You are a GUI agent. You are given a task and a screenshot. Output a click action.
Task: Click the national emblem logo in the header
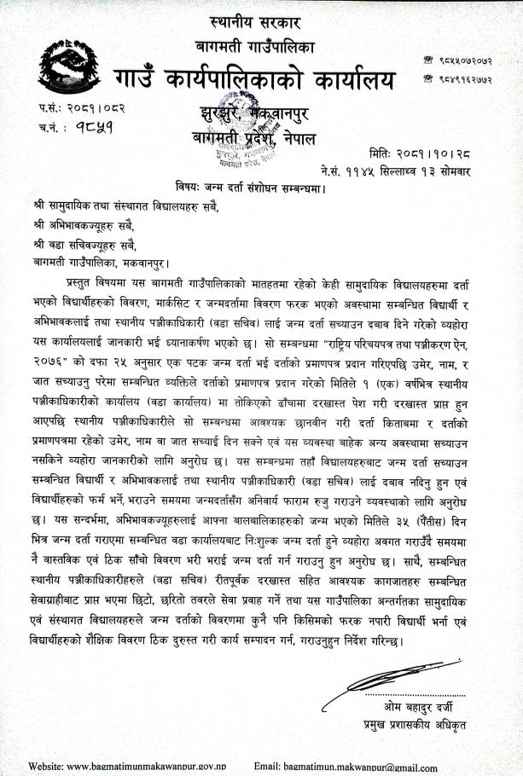[64, 67]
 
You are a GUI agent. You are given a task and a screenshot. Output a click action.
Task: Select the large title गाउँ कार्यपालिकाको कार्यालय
[257, 81]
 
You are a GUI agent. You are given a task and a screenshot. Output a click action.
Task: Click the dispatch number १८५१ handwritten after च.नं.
[93, 129]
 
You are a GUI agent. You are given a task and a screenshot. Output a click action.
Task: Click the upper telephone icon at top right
[427, 60]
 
